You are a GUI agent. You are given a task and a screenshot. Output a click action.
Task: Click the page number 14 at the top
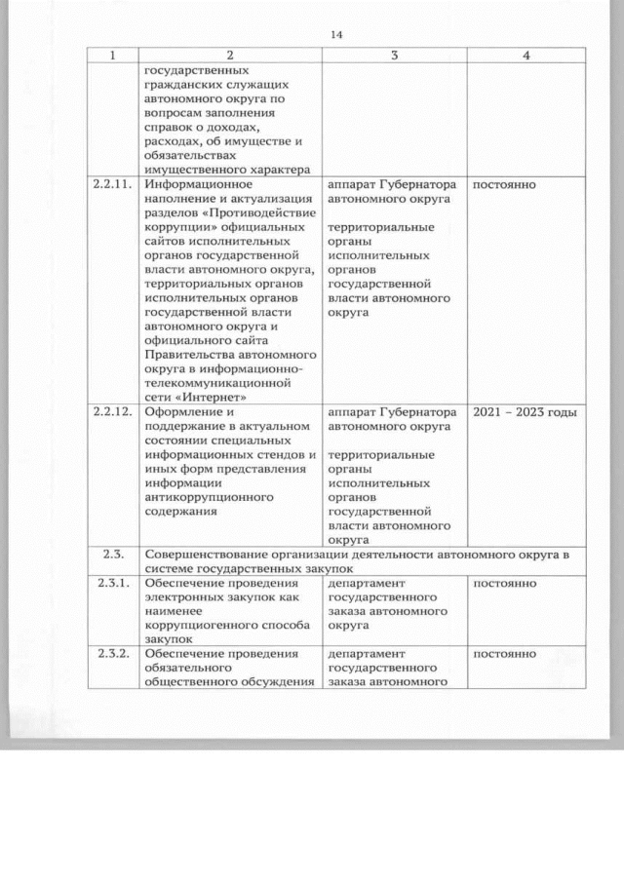[x=337, y=35]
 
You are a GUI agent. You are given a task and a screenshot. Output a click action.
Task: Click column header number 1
[x=111, y=57]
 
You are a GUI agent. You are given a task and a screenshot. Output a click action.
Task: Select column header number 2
[x=229, y=57]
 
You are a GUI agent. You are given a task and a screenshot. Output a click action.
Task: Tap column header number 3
[x=394, y=57]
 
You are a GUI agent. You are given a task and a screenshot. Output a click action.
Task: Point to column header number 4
[x=526, y=57]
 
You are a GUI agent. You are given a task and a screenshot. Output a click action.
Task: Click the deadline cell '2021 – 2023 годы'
[x=525, y=412]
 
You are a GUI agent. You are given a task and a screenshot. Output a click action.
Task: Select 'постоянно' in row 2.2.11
[x=504, y=183]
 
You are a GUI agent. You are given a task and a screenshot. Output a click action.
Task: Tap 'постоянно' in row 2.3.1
[x=504, y=584]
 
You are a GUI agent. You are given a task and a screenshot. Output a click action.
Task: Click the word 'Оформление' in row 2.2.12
[x=182, y=412]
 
